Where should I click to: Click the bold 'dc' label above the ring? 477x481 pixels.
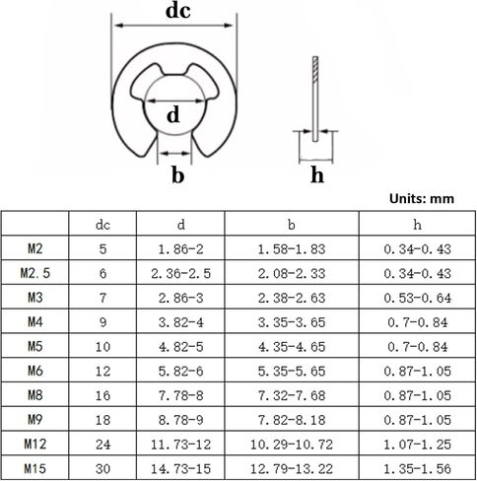(177, 10)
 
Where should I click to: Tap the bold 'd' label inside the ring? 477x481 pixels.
(173, 114)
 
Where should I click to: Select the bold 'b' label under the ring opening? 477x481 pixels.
(177, 174)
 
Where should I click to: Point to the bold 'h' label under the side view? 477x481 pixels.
(317, 174)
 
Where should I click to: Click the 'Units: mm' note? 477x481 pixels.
(422, 199)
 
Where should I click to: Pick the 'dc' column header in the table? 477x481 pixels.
(102, 225)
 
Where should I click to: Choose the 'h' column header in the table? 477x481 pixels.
(417, 225)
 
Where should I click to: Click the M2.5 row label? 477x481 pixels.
(35, 273)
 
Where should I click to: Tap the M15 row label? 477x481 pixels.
(35, 468)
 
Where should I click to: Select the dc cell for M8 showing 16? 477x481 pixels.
(102, 395)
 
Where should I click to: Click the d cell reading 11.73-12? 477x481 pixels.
(180, 445)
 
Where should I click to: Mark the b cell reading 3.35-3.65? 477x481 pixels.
(292, 322)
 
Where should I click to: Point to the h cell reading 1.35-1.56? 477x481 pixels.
(418, 468)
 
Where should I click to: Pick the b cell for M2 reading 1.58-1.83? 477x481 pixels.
(292, 249)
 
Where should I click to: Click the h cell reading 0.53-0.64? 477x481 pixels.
(418, 298)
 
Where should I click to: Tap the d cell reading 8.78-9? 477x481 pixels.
(180, 420)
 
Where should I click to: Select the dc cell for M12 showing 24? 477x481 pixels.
(102, 445)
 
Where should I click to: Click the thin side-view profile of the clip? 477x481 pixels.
(315, 99)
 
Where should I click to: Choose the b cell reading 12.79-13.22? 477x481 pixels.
(292, 468)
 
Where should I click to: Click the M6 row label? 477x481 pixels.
(35, 371)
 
